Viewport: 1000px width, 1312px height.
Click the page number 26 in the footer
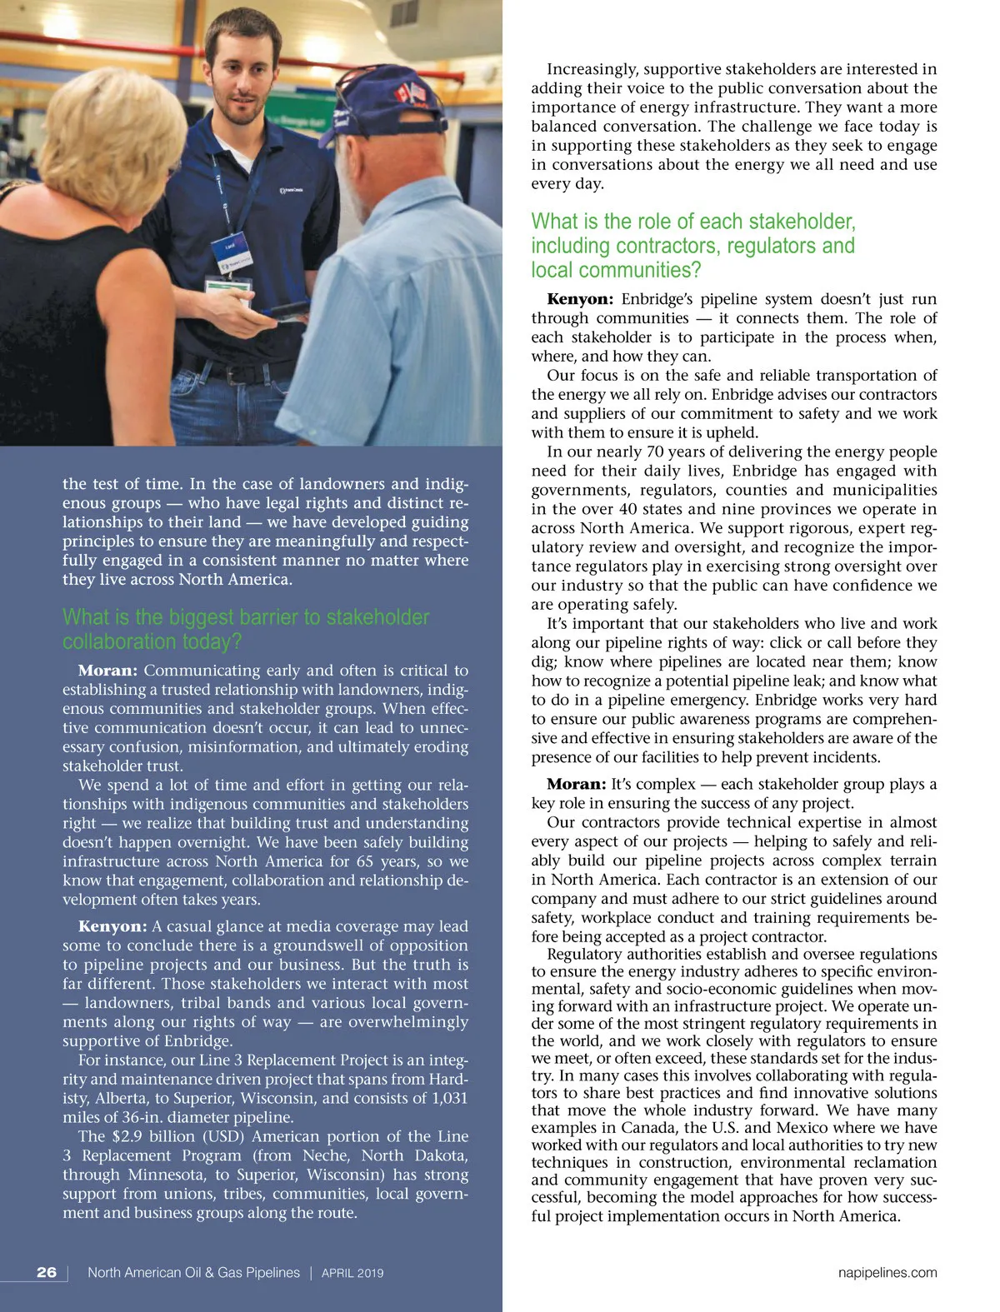click(47, 1272)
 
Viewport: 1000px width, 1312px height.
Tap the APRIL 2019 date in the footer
click(352, 1273)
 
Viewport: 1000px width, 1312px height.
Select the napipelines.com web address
click(887, 1272)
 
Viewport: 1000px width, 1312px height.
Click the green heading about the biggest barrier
click(245, 629)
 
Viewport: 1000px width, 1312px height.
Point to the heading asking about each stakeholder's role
click(693, 246)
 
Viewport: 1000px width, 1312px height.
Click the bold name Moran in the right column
click(576, 784)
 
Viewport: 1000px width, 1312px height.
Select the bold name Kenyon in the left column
click(112, 926)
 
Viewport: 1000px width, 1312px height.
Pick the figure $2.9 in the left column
click(128, 1136)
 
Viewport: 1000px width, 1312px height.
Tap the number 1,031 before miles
click(450, 1098)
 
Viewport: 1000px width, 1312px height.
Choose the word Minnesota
click(164, 1175)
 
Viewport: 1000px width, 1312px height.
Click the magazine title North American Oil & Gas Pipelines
click(193, 1273)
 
